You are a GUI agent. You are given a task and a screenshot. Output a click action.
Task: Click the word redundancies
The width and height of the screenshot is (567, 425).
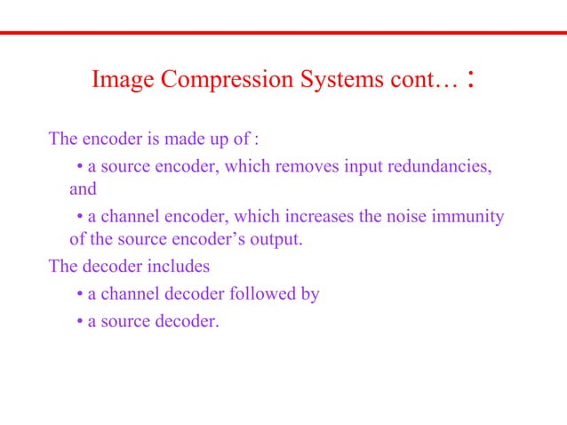click(x=439, y=166)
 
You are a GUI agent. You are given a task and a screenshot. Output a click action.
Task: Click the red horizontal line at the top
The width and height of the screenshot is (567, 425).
click(x=283, y=33)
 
